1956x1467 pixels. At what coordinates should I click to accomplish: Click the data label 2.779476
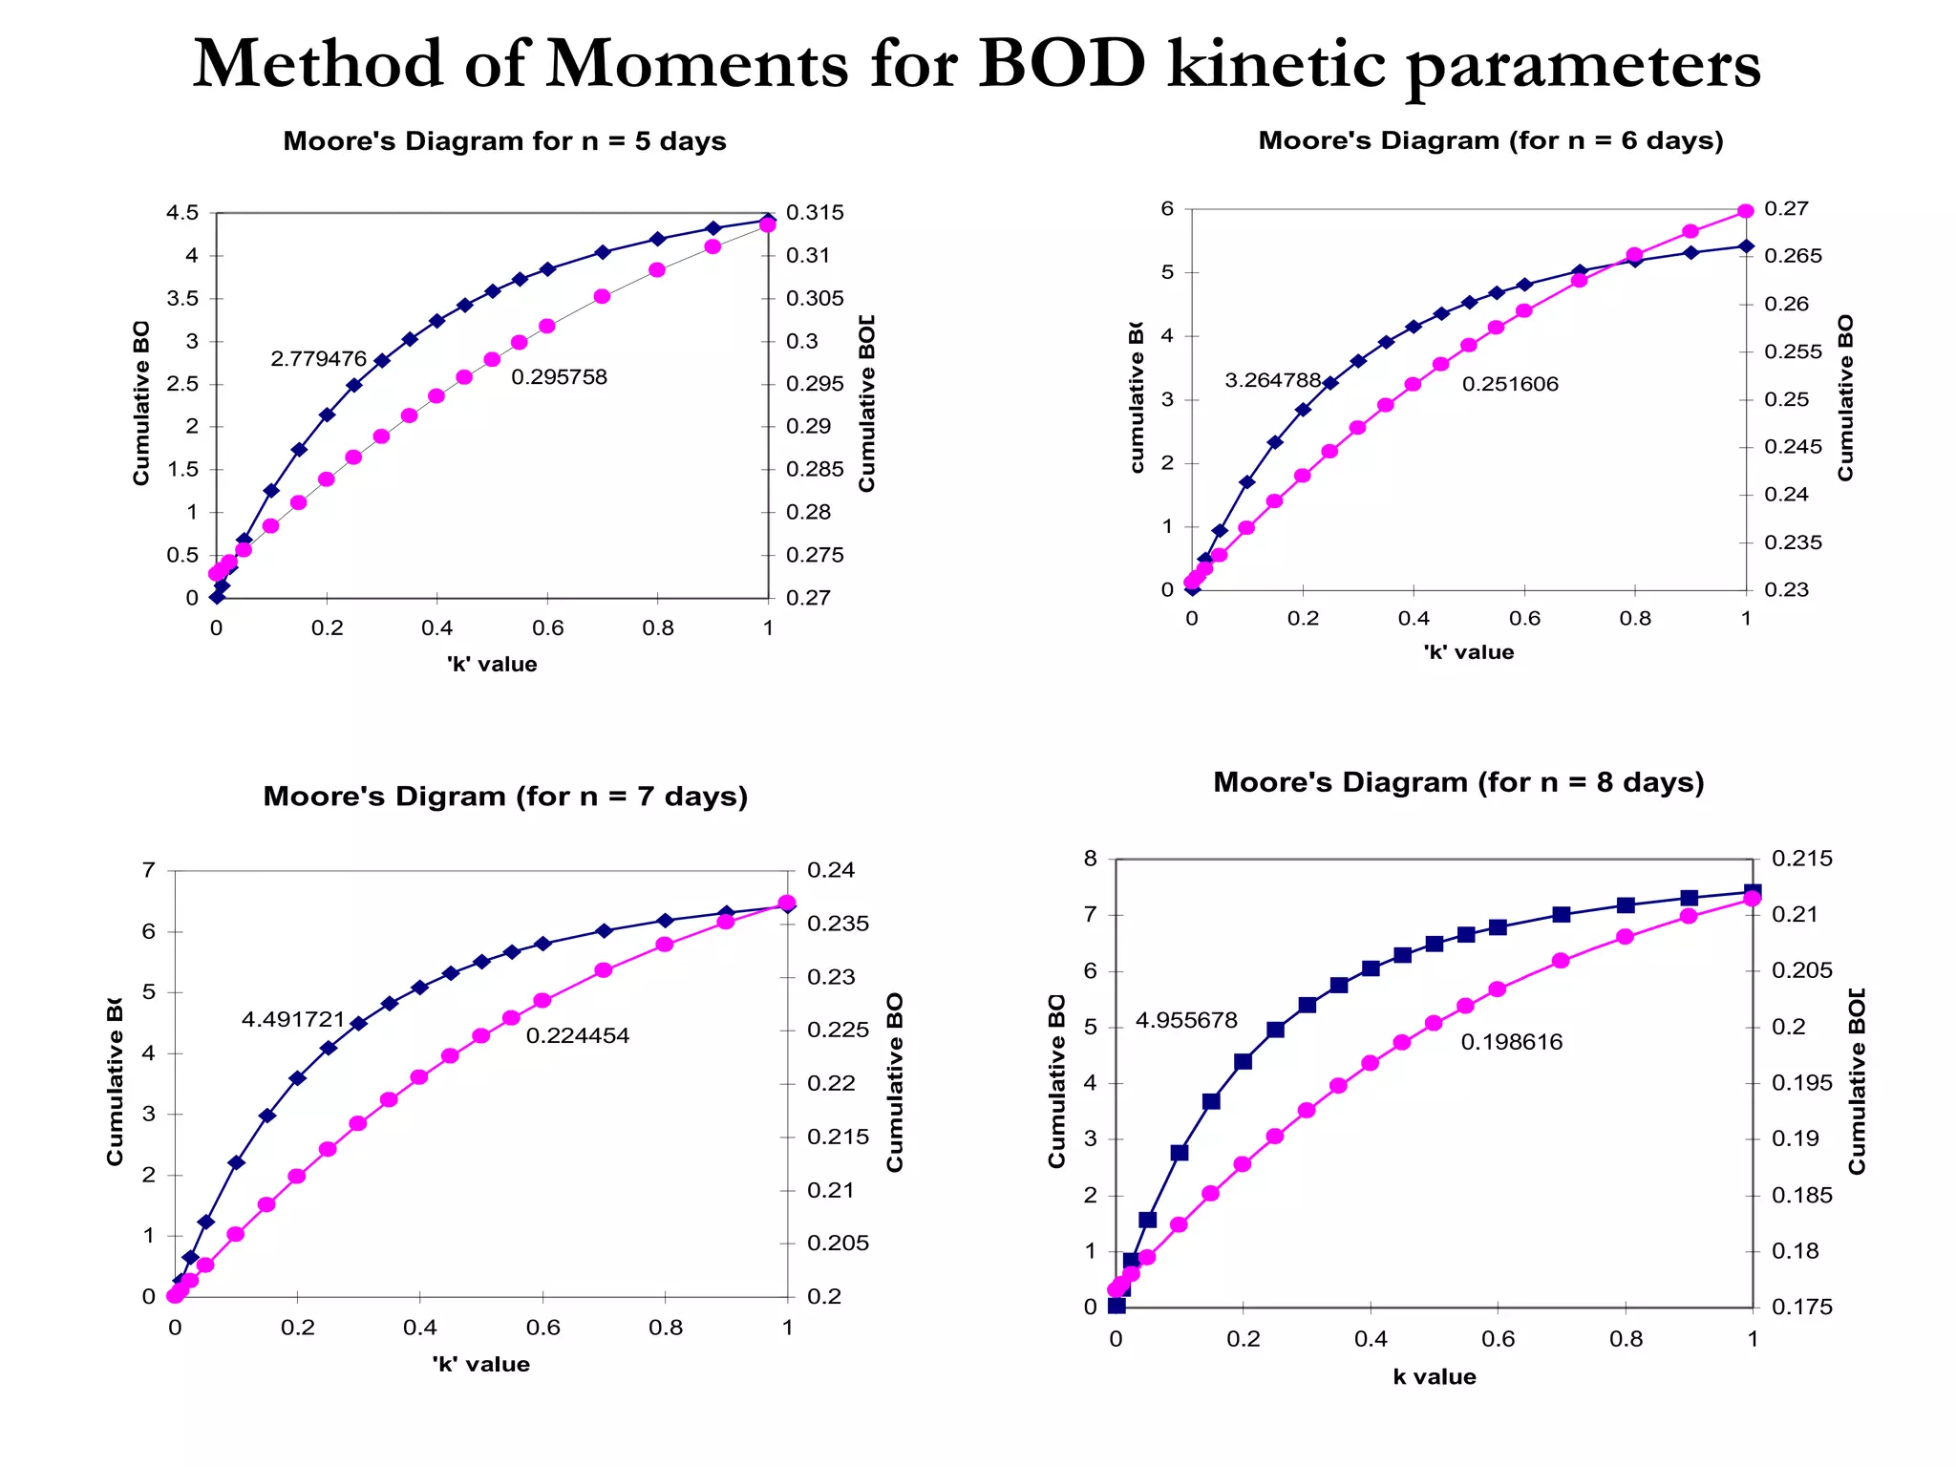pyautogui.click(x=318, y=359)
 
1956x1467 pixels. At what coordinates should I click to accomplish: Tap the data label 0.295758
pyautogui.click(x=559, y=377)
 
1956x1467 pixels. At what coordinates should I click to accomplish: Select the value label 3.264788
pyautogui.click(x=1272, y=380)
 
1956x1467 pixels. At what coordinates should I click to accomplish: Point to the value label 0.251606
pyautogui.click(x=1510, y=384)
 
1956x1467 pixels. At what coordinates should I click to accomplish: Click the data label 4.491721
pyautogui.click(x=292, y=1020)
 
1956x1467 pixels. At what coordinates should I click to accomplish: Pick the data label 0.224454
pyautogui.click(x=578, y=1035)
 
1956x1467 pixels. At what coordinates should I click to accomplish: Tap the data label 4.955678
pyautogui.click(x=1186, y=1020)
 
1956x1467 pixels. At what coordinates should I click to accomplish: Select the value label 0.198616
pyautogui.click(x=1512, y=1042)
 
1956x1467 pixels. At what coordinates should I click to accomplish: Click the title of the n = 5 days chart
pyautogui.click(x=504, y=141)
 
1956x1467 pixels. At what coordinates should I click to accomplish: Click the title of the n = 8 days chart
pyautogui.click(x=1458, y=782)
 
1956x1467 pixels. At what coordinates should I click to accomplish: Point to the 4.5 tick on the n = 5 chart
pyautogui.click(x=182, y=213)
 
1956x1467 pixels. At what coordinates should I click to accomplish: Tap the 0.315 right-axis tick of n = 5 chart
pyautogui.click(x=815, y=213)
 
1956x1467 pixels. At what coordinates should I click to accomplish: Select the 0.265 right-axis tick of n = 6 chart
pyautogui.click(x=1793, y=256)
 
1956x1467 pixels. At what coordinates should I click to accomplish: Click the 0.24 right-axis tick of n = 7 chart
pyautogui.click(x=831, y=870)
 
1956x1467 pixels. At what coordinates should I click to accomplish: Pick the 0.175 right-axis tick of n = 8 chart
pyautogui.click(x=1802, y=1307)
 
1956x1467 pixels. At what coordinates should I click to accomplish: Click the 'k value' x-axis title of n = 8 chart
pyautogui.click(x=1434, y=1376)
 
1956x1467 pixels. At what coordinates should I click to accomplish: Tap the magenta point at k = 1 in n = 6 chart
pyautogui.click(x=1746, y=211)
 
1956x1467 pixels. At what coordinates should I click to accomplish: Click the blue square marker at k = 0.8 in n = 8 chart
pyautogui.click(x=1626, y=905)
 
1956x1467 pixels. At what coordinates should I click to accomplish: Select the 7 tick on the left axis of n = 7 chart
pyautogui.click(x=148, y=870)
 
